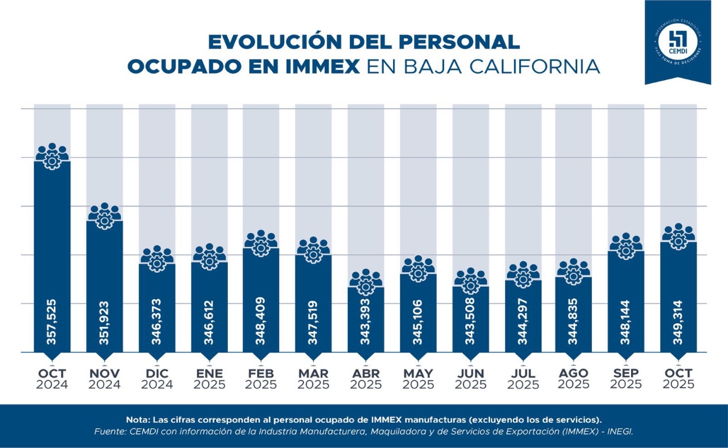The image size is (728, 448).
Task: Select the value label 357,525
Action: point(52,322)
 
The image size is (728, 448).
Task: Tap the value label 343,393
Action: point(366,322)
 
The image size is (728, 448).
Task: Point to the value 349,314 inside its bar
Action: point(678,322)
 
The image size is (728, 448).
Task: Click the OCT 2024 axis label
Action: point(52,379)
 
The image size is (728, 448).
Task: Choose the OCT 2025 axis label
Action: point(678,379)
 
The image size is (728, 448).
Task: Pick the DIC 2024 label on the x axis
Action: point(157,379)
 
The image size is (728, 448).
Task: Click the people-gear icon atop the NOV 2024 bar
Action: point(105,216)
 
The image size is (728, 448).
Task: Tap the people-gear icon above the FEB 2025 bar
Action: point(261,244)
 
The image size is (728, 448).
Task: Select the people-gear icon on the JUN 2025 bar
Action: point(470,281)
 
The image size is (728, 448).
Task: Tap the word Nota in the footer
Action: point(137,419)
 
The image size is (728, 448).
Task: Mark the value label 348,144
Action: point(626,322)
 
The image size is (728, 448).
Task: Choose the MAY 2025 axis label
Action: point(418,379)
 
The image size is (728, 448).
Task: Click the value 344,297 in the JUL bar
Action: point(522,322)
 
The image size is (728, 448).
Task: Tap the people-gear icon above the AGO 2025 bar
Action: point(574,272)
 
